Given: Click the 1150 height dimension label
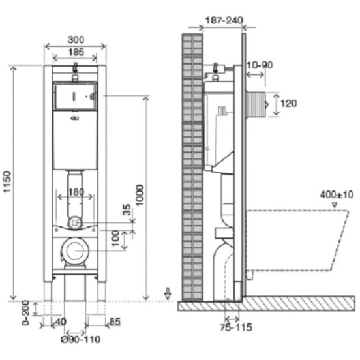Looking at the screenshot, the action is (7, 182).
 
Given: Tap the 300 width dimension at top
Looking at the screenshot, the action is (76, 40).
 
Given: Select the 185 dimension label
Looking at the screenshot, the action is (76, 52).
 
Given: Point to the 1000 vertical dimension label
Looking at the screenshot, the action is (140, 195).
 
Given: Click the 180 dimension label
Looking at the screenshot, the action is (76, 192).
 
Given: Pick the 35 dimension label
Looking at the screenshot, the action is (127, 209).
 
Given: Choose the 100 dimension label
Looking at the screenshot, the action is (116, 238).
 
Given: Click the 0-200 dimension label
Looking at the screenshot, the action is (25, 312).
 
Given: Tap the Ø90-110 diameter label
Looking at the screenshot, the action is (81, 339).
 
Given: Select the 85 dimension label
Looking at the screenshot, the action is (115, 322).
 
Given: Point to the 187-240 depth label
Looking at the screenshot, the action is (224, 20).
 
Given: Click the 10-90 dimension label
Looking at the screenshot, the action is (260, 65).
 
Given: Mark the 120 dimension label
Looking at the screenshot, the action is (289, 104).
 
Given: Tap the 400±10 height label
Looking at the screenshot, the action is (337, 195).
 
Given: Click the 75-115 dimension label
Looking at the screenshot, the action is (236, 327).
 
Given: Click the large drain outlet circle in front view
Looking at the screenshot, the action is (75, 251).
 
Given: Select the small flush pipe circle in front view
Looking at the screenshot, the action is (75, 222).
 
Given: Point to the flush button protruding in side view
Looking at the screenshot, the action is (257, 104).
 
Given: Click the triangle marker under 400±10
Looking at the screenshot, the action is (335, 205).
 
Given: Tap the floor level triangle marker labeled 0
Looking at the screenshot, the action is (168, 296).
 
